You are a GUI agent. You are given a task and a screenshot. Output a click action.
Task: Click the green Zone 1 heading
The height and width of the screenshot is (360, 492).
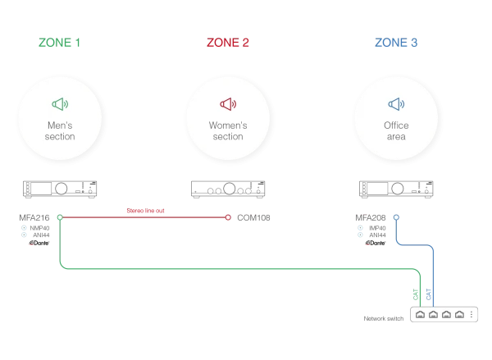pos(59,42)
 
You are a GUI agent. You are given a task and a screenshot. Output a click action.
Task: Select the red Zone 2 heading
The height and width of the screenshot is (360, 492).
pos(227,42)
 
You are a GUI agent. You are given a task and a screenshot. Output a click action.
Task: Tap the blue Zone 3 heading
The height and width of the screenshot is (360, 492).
pos(396,42)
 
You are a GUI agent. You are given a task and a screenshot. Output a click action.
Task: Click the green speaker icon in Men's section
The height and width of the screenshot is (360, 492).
pos(59,104)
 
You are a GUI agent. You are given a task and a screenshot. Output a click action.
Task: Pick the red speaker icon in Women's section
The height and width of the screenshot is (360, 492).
pos(228,104)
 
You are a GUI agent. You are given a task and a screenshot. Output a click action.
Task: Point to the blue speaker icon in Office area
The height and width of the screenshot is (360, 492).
pos(396,104)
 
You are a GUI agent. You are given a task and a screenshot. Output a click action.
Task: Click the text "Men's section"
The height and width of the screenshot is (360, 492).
pos(60,131)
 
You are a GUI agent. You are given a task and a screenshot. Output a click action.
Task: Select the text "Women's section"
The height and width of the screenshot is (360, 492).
pos(228,131)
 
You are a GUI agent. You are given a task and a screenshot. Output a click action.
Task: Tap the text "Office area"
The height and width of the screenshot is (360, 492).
pos(396,131)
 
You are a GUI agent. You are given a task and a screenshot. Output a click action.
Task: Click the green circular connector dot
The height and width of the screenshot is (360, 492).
pos(60,217)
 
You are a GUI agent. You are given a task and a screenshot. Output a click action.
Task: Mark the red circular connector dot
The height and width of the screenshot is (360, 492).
pos(228,217)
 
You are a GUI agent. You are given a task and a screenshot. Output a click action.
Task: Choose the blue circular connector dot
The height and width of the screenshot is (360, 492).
pos(396,217)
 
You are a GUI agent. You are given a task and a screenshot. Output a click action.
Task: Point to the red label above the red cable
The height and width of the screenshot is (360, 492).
pos(148,209)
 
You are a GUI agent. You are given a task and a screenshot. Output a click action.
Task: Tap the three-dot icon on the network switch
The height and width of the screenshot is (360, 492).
pos(471,315)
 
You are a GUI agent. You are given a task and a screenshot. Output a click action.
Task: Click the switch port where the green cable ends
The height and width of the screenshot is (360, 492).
pos(419,315)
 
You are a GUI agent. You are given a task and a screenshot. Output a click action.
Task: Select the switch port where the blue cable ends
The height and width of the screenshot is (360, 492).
pos(432,315)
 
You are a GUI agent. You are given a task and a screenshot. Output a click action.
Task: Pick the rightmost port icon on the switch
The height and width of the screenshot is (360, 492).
pos(459,315)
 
